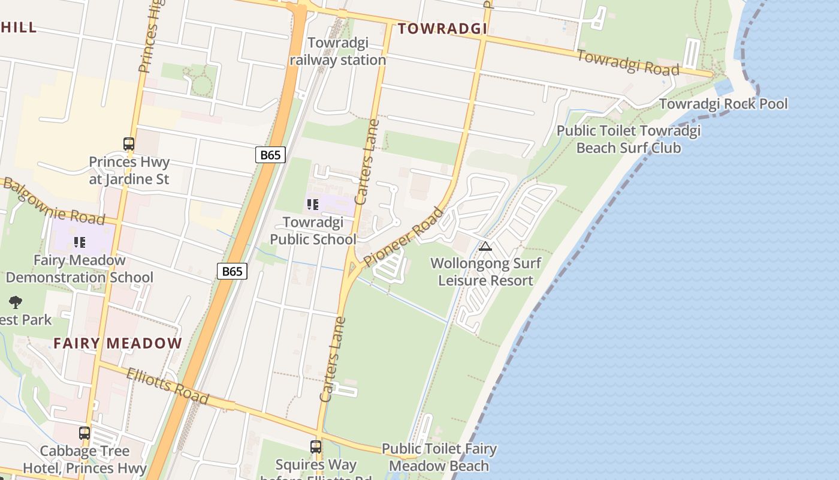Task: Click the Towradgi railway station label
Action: pos(337,52)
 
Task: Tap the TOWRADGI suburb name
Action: pos(442,28)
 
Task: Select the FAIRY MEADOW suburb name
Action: pos(117,343)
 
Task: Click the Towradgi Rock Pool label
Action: pos(723,104)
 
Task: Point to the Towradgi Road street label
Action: pos(628,62)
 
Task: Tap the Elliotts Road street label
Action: pos(167,386)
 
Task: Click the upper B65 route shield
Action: pos(270,155)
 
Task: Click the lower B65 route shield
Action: pos(232,271)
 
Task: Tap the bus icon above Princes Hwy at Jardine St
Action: pos(129,144)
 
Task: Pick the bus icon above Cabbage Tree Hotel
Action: pos(84,433)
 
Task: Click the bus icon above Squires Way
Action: pos(316,447)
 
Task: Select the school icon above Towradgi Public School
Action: pos(312,205)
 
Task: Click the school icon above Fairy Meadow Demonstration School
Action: pos(79,242)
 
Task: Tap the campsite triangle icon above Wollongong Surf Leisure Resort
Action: pos(485,246)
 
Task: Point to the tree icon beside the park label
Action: pos(16,302)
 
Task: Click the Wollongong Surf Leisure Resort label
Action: pos(485,272)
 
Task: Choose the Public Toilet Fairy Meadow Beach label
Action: pos(439,457)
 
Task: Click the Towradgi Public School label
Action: pos(313,231)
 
